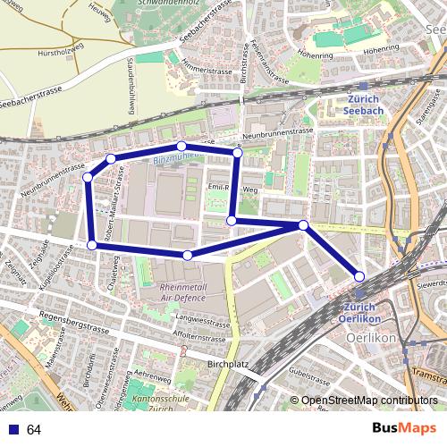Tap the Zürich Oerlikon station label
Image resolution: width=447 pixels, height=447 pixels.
click(360, 313)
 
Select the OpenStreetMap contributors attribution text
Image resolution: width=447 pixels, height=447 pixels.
click(369, 401)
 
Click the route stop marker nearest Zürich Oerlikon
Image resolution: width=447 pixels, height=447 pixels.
click(359, 276)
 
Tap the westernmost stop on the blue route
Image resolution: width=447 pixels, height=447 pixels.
click(88, 178)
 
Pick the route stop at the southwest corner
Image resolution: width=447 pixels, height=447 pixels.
click(92, 244)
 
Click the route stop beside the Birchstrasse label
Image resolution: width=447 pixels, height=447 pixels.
click(237, 154)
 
